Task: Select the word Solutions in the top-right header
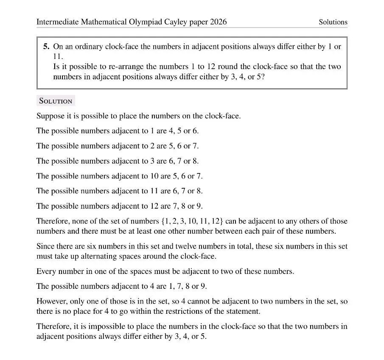coord(333,22)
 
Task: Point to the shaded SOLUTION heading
coord(56,101)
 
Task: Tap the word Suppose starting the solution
coord(50,116)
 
